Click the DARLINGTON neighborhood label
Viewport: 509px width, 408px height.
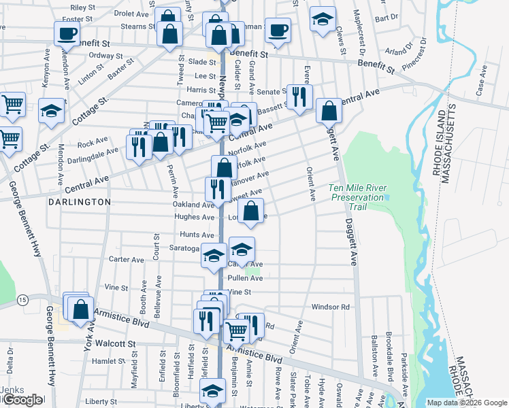(80, 202)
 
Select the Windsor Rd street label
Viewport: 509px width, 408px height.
(330, 307)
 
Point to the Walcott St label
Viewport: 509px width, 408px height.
(116, 344)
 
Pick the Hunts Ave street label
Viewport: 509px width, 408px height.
(197, 235)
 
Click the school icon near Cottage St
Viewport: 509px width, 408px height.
(51, 112)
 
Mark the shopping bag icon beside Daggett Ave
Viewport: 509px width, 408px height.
(329, 110)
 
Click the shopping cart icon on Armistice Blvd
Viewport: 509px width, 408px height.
(236, 331)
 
